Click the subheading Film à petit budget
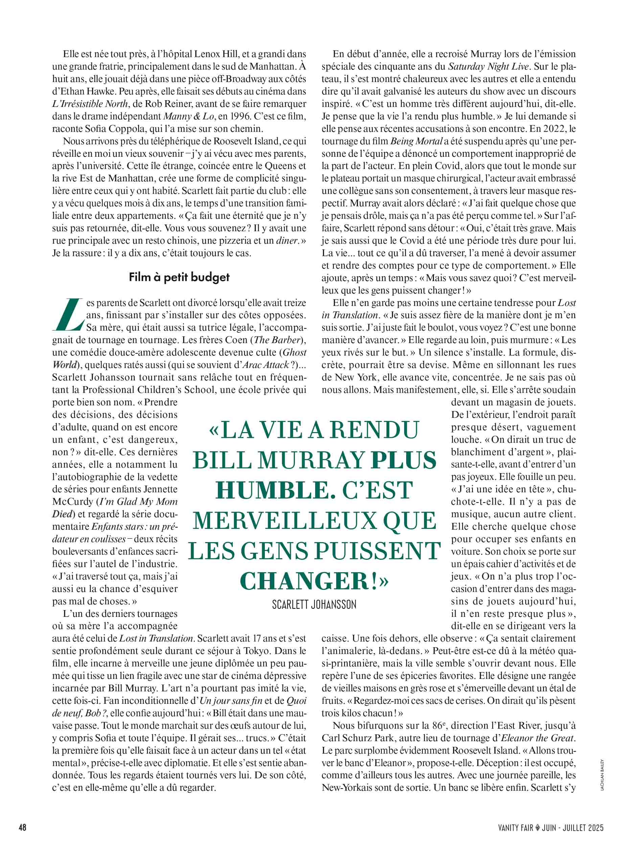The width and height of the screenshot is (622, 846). [x=179, y=277]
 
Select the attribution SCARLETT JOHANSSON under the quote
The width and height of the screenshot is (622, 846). [x=314, y=605]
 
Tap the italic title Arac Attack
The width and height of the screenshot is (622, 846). [x=266, y=364]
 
